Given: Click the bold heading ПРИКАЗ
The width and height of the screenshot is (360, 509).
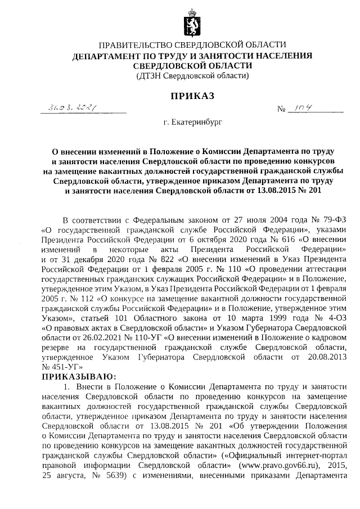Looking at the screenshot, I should (x=193, y=97).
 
